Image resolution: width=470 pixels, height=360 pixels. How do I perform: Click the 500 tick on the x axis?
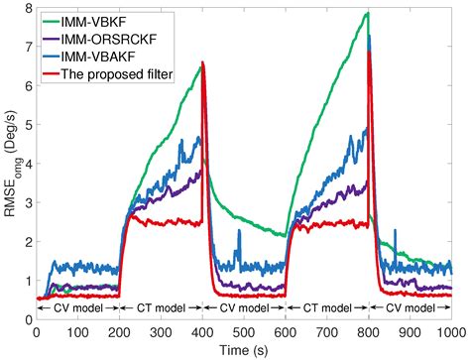click(244, 331)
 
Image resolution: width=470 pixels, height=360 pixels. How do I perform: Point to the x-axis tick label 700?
click(326, 331)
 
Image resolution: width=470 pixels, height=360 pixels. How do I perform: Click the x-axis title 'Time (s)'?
click(244, 348)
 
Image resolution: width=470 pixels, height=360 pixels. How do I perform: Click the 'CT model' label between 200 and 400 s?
click(162, 308)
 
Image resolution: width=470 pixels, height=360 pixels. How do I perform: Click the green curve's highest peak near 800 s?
click(368, 13)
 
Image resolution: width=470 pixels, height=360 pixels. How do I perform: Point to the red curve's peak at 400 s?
click(203, 62)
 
